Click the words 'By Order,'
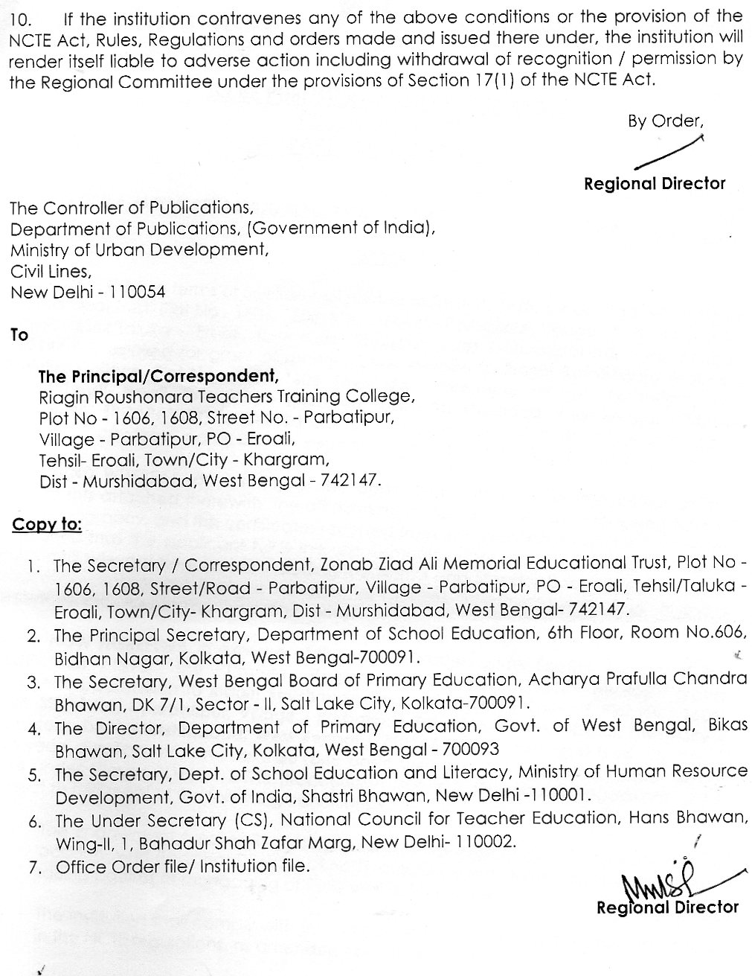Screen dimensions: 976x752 click(x=665, y=121)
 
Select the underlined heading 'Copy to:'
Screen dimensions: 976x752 click(x=46, y=525)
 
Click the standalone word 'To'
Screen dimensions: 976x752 click(x=19, y=336)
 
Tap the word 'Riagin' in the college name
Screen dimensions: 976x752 click(x=62, y=397)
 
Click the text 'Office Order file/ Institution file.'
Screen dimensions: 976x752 click(x=181, y=866)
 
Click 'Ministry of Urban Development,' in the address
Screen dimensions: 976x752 click(x=139, y=249)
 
